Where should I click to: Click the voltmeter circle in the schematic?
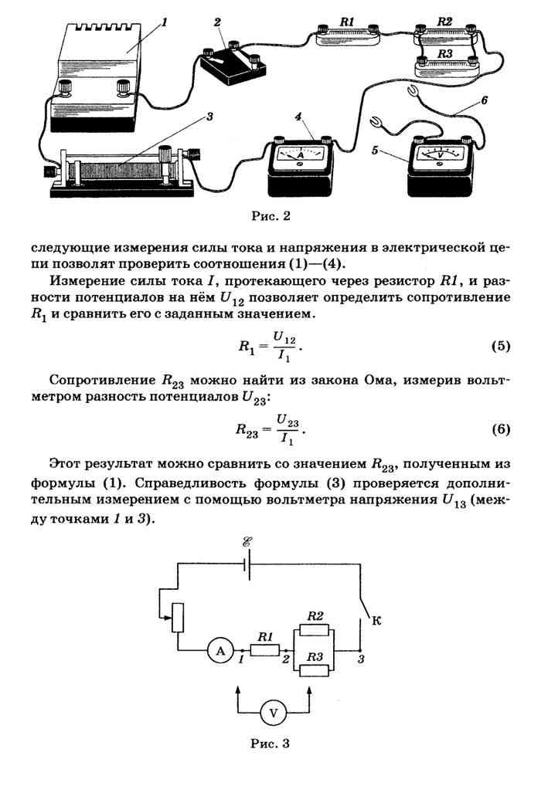click(x=274, y=713)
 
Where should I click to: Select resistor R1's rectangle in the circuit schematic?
click(x=264, y=650)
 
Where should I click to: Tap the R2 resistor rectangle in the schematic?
click(x=315, y=629)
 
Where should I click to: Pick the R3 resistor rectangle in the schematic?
click(x=315, y=670)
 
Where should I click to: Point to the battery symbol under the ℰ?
click(x=247, y=564)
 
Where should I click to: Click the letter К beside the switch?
click(x=376, y=621)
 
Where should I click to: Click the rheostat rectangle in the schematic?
click(x=177, y=618)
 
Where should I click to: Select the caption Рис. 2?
click(x=270, y=216)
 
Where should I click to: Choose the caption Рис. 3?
click(x=270, y=743)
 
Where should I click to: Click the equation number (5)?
click(x=501, y=346)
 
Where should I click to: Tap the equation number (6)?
click(x=501, y=429)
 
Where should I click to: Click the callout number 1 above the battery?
click(x=164, y=22)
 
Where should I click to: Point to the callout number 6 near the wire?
click(x=485, y=100)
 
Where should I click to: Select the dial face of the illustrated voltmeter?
click(x=439, y=156)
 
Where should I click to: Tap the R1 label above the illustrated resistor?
click(x=347, y=22)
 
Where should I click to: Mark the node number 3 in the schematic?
click(x=361, y=659)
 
